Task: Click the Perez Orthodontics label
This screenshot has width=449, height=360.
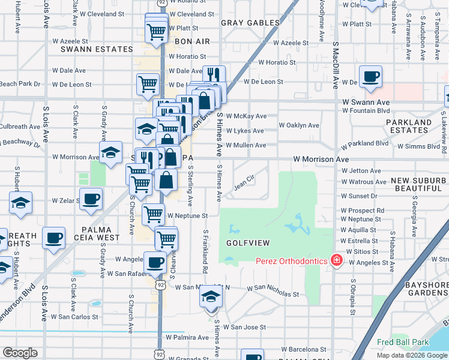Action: tap(291, 261)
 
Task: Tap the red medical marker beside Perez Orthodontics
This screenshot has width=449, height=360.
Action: tap(336, 260)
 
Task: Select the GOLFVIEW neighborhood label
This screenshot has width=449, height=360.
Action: tap(247, 242)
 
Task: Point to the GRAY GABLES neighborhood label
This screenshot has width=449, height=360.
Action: tap(250, 23)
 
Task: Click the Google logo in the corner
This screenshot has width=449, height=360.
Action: tap(20, 353)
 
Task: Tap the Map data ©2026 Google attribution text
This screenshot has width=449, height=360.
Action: tap(412, 355)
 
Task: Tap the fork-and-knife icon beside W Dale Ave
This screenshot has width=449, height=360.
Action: tap(214, 75)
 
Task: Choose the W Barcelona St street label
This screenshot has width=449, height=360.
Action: tap(298, 349)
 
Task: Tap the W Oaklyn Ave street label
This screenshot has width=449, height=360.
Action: tap(299, 125)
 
